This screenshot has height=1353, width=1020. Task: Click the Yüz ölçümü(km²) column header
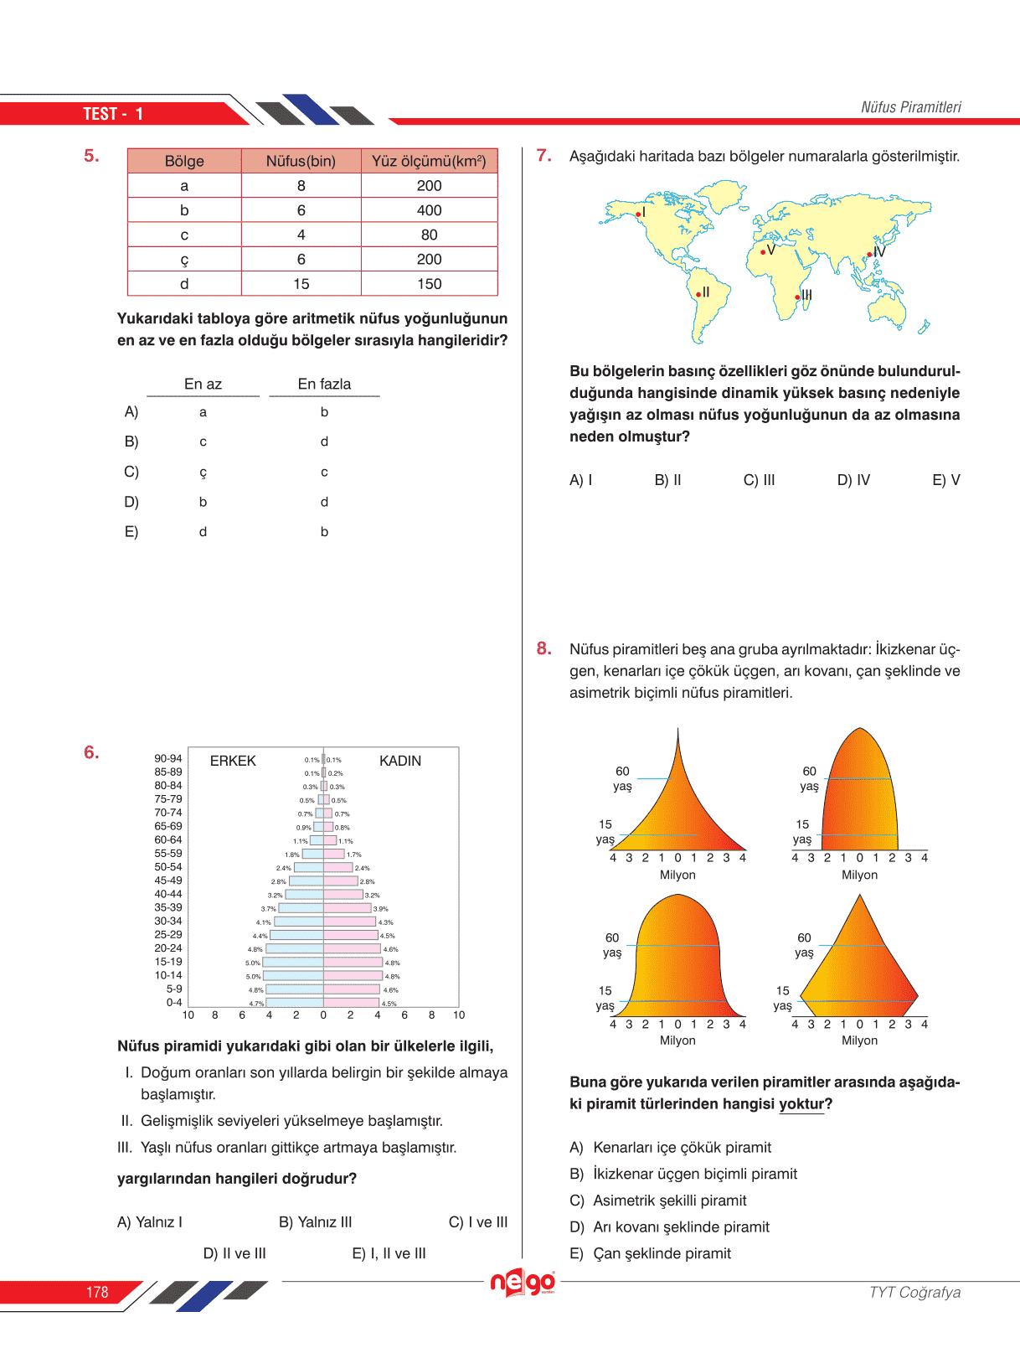pos(429,161)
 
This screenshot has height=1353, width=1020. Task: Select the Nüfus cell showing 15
pos(301,284)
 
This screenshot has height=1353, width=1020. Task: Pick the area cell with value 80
pos(429,235)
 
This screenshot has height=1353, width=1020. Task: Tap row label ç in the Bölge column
pos(184,260)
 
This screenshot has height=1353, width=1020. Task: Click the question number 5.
pos(91,156)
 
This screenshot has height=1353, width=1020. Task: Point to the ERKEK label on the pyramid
pos(233,761)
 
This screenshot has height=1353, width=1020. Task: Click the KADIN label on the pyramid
pos(400,761)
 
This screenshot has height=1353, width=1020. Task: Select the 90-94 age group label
pos(167,758)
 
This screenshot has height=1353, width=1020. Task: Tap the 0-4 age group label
pos(173,1002)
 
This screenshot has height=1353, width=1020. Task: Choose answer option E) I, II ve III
pos(389,1253)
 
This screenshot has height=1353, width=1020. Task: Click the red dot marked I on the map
pos(638,214)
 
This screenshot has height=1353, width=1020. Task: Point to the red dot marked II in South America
pos(698,294)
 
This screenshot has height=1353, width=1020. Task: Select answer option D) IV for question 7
pos(853,480)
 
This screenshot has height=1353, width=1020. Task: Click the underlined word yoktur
pos(801,1104)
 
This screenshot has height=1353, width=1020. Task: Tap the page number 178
pos(97,1293)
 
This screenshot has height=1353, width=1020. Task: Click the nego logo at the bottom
pos(523,1283)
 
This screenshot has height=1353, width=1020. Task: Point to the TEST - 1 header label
pos(113,114)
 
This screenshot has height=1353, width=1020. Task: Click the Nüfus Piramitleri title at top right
pos(910,107)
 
